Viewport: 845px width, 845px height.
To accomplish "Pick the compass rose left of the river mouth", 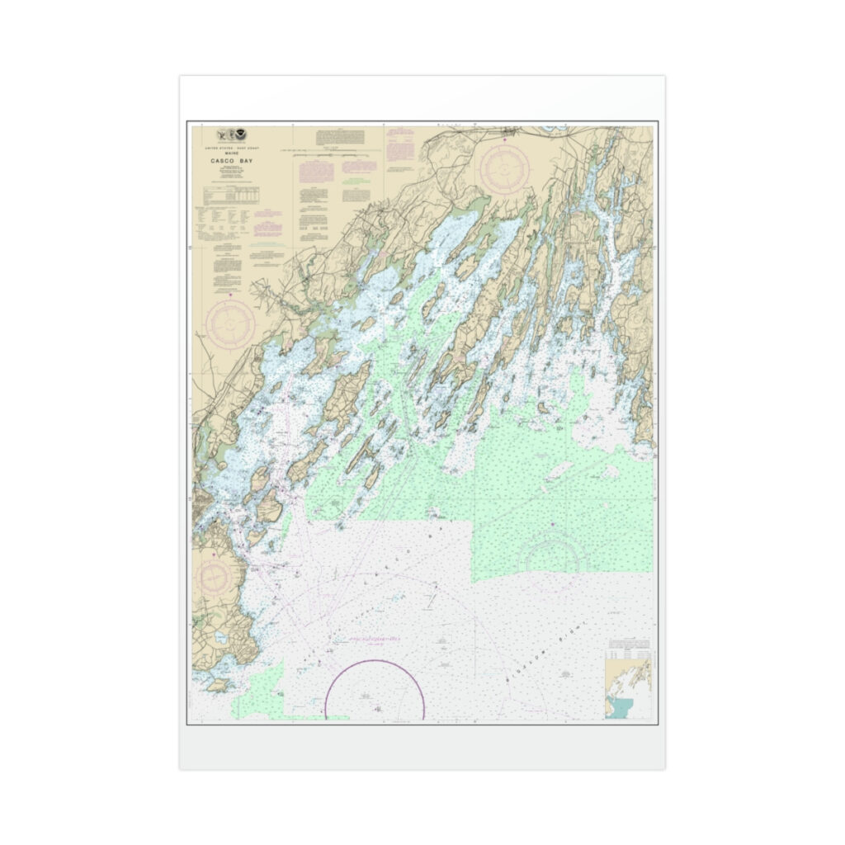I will click(230, 322).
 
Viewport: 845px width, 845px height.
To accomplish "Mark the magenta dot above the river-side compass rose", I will click(230, 293).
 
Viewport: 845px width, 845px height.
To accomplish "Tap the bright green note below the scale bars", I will click(356, 179).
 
